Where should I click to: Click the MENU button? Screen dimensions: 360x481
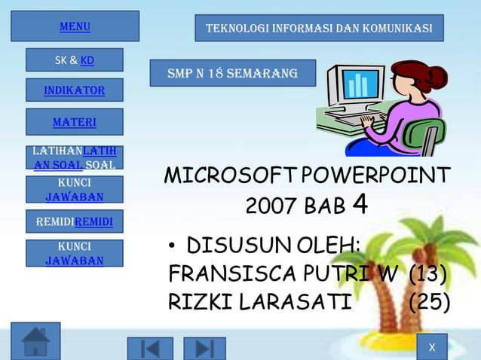coord(75,26)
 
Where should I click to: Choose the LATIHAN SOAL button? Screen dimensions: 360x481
coord(74,158)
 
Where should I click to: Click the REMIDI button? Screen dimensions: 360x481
coord(74,221)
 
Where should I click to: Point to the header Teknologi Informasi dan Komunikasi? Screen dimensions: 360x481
coord(319,28)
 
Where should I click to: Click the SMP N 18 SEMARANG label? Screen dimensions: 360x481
coord(232,73)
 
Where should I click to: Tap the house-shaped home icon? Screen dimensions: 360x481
coord(35,342)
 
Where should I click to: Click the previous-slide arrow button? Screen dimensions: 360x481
coord(150,349)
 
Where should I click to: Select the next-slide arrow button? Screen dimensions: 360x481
coord(204,349)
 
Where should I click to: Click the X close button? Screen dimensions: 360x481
coord(431,347)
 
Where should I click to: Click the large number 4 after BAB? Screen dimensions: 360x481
coord(360,204)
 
